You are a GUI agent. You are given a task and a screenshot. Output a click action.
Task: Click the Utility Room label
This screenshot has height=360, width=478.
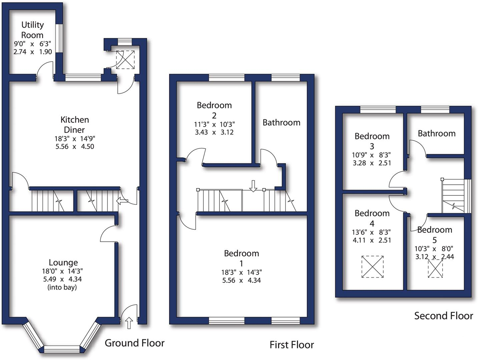pyautogui.click(x=32, y=30)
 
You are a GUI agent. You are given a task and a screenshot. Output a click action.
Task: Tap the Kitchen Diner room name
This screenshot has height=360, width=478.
pyautogui.click(x=74, y=125)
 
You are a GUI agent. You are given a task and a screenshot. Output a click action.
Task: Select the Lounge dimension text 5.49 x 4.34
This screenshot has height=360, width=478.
pyautogui.click(x=62, y=279)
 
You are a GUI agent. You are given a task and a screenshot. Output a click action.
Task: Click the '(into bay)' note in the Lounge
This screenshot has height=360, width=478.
pyautogui.click(x=62, y=287)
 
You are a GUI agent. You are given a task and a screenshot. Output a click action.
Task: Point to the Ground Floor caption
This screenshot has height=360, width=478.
pyautogui.click(x=134, y=343)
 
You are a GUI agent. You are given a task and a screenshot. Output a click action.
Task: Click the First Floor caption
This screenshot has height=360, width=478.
pyautogui.click(x=292, y=345)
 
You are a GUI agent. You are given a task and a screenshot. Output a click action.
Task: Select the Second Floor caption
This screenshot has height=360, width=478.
pyautogui.click(x=443, y=316)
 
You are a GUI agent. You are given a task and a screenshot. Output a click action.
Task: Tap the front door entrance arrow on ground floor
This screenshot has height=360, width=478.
pyautogui.click(x=129, y=323)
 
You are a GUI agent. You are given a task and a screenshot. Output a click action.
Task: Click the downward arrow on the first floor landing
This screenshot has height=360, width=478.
pyautogui.click(x=253, y=186)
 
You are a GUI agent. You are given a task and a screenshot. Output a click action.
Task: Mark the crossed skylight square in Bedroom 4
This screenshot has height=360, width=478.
pyautogui.click(x=372, y=267)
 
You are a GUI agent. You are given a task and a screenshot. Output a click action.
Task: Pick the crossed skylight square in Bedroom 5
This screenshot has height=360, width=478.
pyautogui.click(x=435, y=268)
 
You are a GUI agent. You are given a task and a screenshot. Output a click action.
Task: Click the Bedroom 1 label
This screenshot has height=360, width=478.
pyautogui.click(x=241, y=258)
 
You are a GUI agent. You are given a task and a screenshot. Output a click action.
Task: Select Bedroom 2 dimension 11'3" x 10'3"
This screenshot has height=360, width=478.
pyautogui.click(x=214, y=124)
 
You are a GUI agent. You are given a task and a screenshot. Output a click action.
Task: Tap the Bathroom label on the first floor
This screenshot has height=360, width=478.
pyautogui.click(x=281, y=123)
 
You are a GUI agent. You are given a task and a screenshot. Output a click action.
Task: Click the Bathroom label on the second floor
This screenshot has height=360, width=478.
pyautogui.click(x=436, y=133)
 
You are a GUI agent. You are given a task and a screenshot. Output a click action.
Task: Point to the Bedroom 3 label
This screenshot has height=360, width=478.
pyautogui.click(x=372, y=141)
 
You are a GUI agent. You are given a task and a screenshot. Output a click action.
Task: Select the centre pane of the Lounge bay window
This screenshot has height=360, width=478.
pyautogui.click(x=62, y=349)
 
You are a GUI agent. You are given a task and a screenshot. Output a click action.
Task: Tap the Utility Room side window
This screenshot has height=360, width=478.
pyautogui.click(x=59, y=38)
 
